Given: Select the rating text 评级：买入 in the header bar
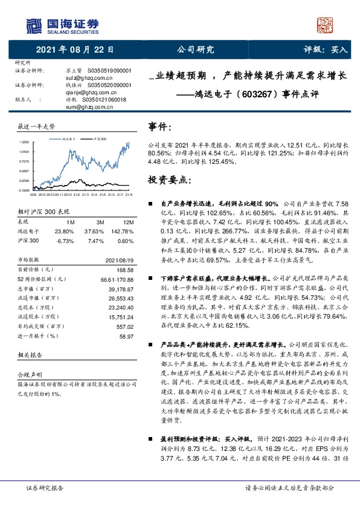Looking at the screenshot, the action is click(324, 51).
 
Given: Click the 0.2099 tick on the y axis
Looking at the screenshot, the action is click(24, 180).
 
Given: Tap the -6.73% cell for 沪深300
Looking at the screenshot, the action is click(65, 241).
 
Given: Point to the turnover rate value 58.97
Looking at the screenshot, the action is click(126, 336).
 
